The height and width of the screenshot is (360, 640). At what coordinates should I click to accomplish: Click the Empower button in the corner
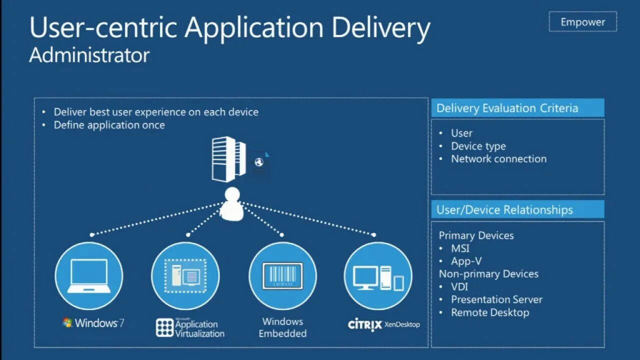pos(582,22)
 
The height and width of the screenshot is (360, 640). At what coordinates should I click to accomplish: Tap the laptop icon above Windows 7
pos(89,276)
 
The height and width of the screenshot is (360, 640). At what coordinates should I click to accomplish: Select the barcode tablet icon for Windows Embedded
pos(282,276)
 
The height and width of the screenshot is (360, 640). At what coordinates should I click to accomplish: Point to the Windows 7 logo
pos(93,323)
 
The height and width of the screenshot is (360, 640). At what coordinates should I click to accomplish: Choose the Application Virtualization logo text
pos(190,327)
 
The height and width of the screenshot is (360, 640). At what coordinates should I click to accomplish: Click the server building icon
pos(229,159)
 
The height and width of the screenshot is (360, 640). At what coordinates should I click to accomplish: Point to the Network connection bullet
pos(498,159)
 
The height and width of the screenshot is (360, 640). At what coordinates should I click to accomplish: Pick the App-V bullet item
pos(466,261)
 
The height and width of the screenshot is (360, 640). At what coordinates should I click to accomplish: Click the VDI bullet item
pos(460,287)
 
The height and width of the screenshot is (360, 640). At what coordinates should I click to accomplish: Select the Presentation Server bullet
pos(496,299)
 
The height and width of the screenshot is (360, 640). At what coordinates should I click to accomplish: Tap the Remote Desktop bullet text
pos(490,312)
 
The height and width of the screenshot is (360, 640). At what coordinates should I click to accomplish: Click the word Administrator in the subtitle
pos(89,55)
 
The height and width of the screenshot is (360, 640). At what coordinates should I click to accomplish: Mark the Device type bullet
pos(478,146)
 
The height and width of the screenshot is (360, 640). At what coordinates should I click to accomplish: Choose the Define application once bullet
pos(109,125)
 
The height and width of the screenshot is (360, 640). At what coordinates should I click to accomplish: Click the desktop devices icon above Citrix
pos(378,276)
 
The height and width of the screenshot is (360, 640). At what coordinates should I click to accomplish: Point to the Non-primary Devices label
pos(488,274)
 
